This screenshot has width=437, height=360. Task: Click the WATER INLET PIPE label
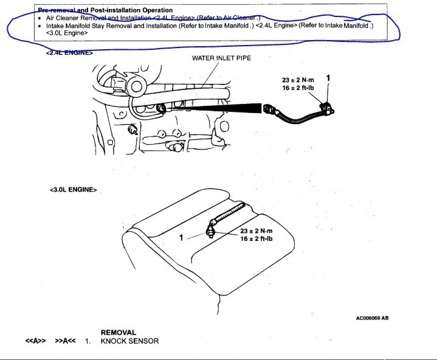(x=221, y=58)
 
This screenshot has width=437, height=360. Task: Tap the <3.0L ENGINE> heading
(x=73, y=190)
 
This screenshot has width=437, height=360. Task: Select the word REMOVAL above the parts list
(x=119, y=333)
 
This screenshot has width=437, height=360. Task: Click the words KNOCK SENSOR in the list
(x=129, y=341)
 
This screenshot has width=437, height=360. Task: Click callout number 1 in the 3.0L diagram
(x=181, y=238)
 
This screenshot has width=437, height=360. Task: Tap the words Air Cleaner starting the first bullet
(x=63, y=18)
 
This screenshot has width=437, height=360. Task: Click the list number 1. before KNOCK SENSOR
(x=88, y=341)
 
